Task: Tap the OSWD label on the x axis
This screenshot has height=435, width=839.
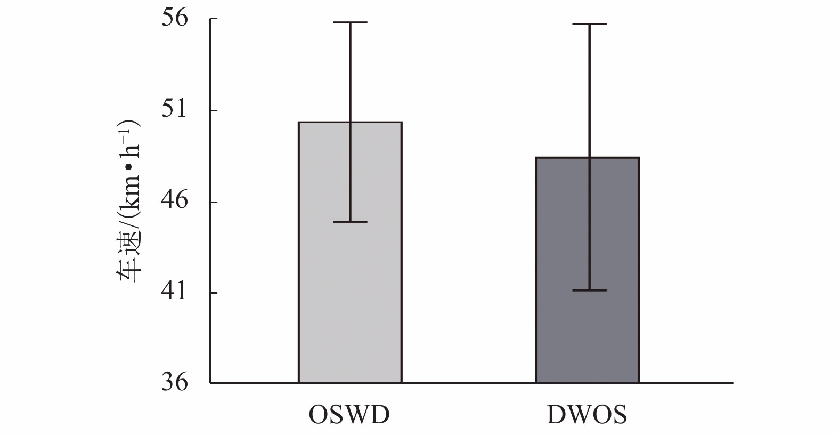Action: click(x=349, y=415)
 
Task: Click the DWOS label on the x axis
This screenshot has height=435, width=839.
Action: click(x=587, y=415)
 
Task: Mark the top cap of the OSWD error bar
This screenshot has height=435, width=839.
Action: click(x=351, y=23)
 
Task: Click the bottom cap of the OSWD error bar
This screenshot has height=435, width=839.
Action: click(x=351, y=221)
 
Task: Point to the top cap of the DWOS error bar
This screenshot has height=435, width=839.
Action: click(x=590, y=25)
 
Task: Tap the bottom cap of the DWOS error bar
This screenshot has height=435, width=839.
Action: click(x=590, y=291)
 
